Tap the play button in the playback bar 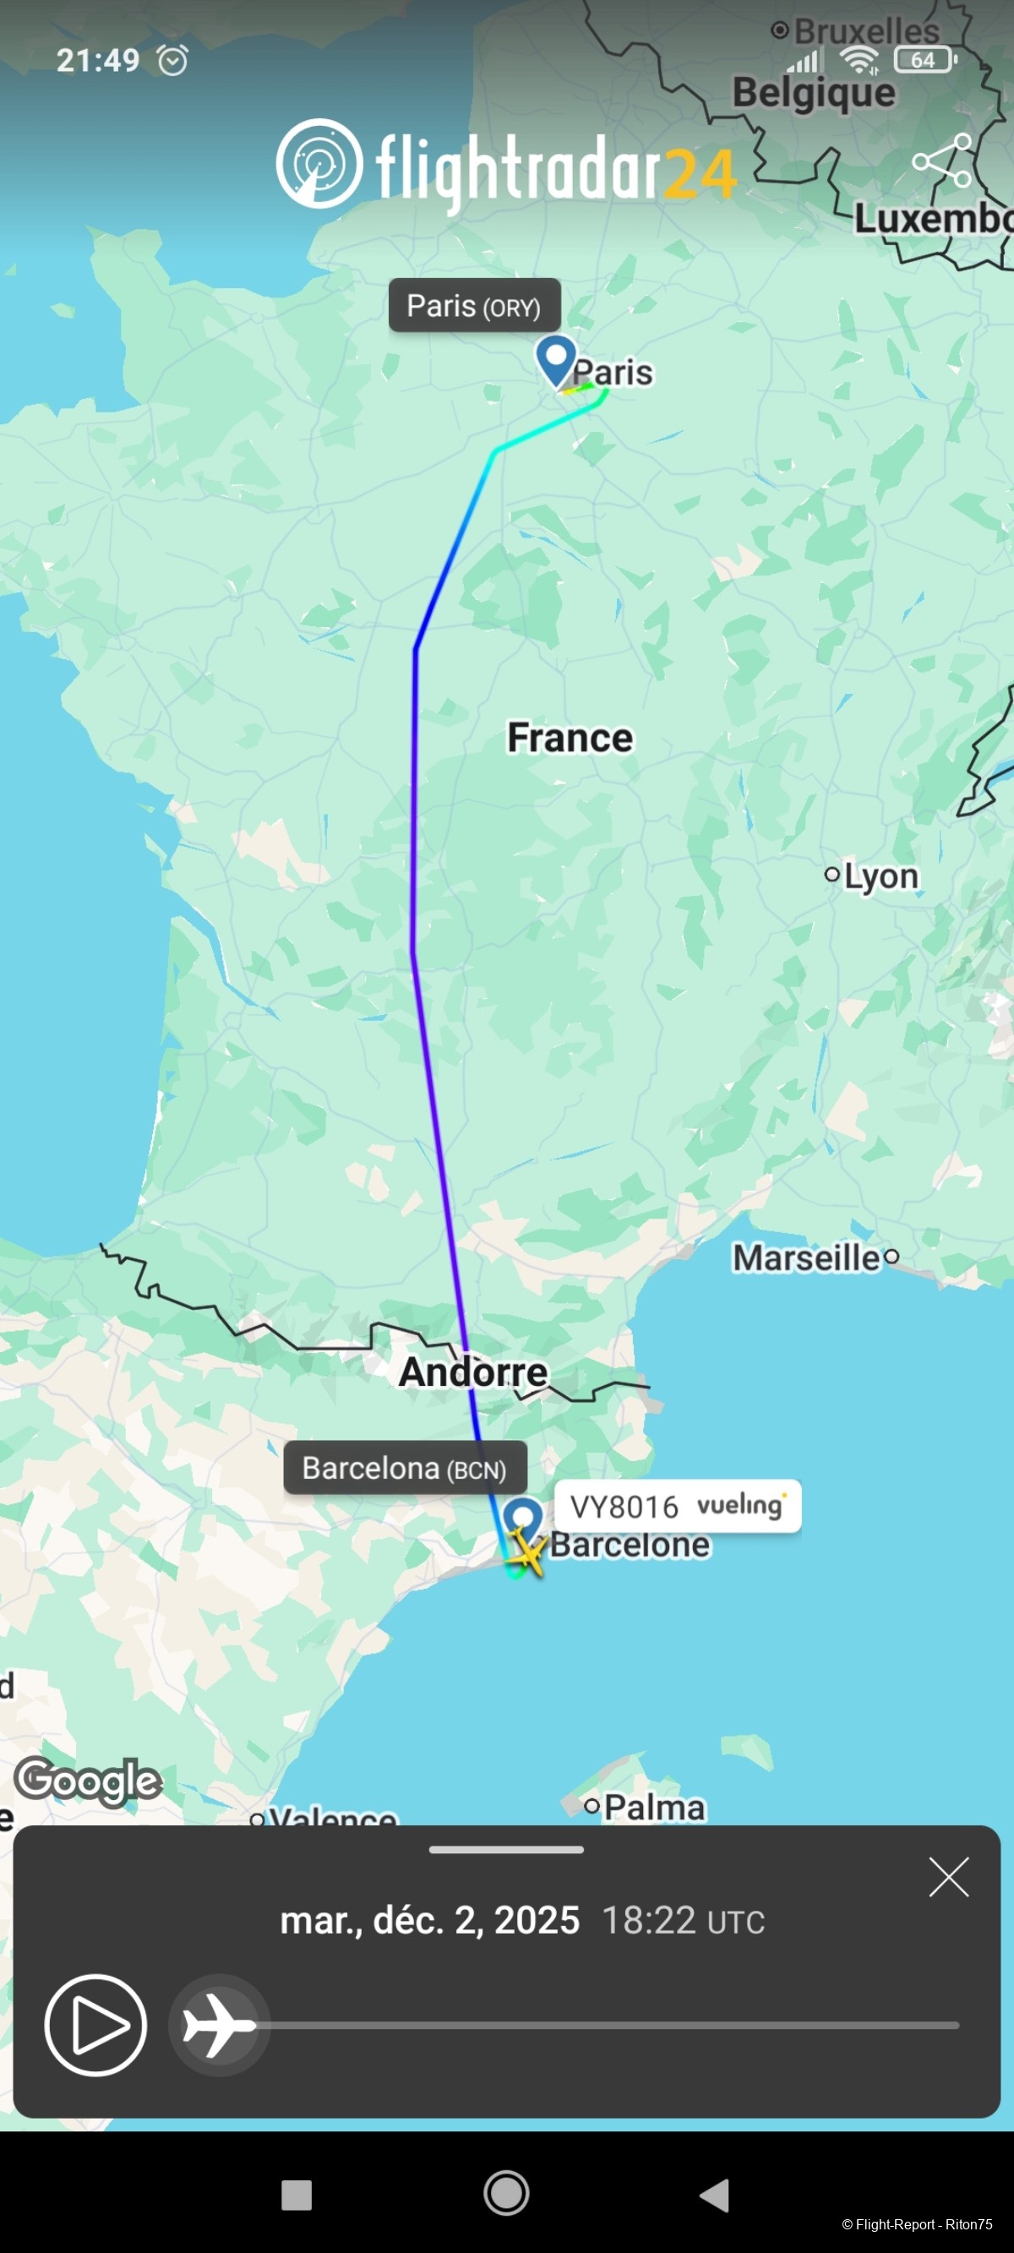click(x=95, y=2025)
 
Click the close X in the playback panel click(x=948, y=1877)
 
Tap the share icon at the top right click(x=941, y=161)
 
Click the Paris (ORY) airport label click(x=474, y=306)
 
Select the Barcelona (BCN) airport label click(x=405, y=1468)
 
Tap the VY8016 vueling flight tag click(x=677, y=1506)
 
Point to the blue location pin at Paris click(x=555, y=358)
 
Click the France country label click(x=570, y=737)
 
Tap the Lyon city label click(x=880, y=876)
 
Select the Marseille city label click(x=807, y=1257)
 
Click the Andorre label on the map click(x=473, y=1372)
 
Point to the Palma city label click(x=653, y=1807)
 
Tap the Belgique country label click(x=814, y=93)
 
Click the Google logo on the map click(x=89, y=1779)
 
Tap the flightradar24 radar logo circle click(x=319, y=164)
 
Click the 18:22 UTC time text click(x=683, y=1921)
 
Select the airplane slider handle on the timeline click(x=219, y=2025)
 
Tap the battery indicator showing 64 click(x=924, y=59)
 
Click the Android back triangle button click(x=715, y=2195)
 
